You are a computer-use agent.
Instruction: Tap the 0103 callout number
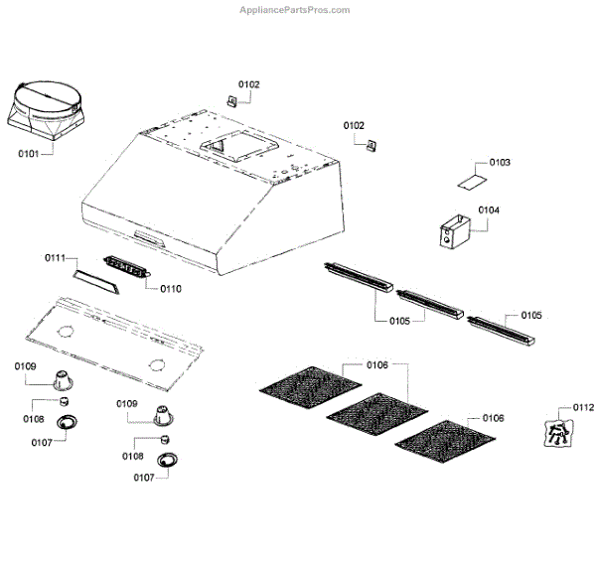click(500, 162)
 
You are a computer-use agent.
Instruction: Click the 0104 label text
click(489, 211)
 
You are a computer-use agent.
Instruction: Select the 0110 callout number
click(170, 289)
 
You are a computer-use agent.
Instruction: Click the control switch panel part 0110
click(125, 266)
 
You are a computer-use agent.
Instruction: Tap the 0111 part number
click(56, 258)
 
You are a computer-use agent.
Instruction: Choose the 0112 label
click(583, 406)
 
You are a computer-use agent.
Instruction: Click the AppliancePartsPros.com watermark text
click(295, 10)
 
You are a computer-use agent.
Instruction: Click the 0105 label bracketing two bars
click(399, 321)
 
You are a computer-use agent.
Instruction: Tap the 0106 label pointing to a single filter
click(493, 418)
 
